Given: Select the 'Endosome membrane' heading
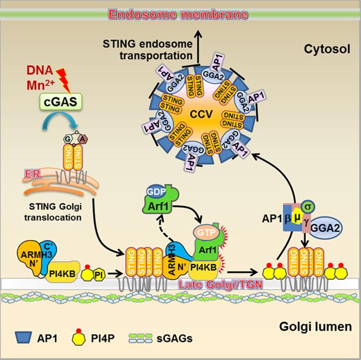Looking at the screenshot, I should point(179,12).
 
